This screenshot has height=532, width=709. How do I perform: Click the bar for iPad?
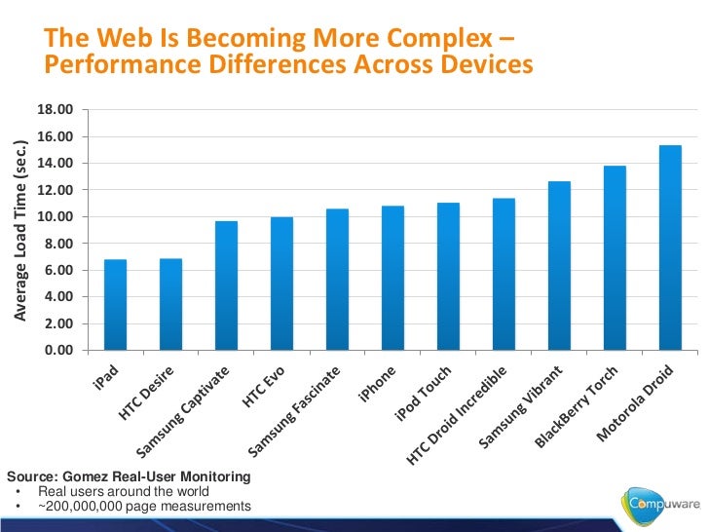[x=115, y=305]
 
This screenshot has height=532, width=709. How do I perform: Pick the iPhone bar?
[x=392, y=278]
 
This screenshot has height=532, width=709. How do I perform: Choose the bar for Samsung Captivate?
[x=226, y=285]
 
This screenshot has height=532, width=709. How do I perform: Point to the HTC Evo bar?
[x=281, y=284]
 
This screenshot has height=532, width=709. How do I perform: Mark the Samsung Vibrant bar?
[x=559, y=266]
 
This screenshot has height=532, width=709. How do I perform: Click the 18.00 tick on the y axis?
[x=55, y=110]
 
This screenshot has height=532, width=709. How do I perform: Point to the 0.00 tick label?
[x=57, y=351]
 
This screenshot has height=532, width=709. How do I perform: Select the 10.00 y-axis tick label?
[x=55, y=217]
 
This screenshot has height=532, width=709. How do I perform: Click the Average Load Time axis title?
[x=19, y=230]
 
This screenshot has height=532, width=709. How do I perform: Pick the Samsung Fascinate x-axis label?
[x=295, y=412]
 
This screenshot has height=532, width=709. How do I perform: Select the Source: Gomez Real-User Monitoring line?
[x=128, y=476]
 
